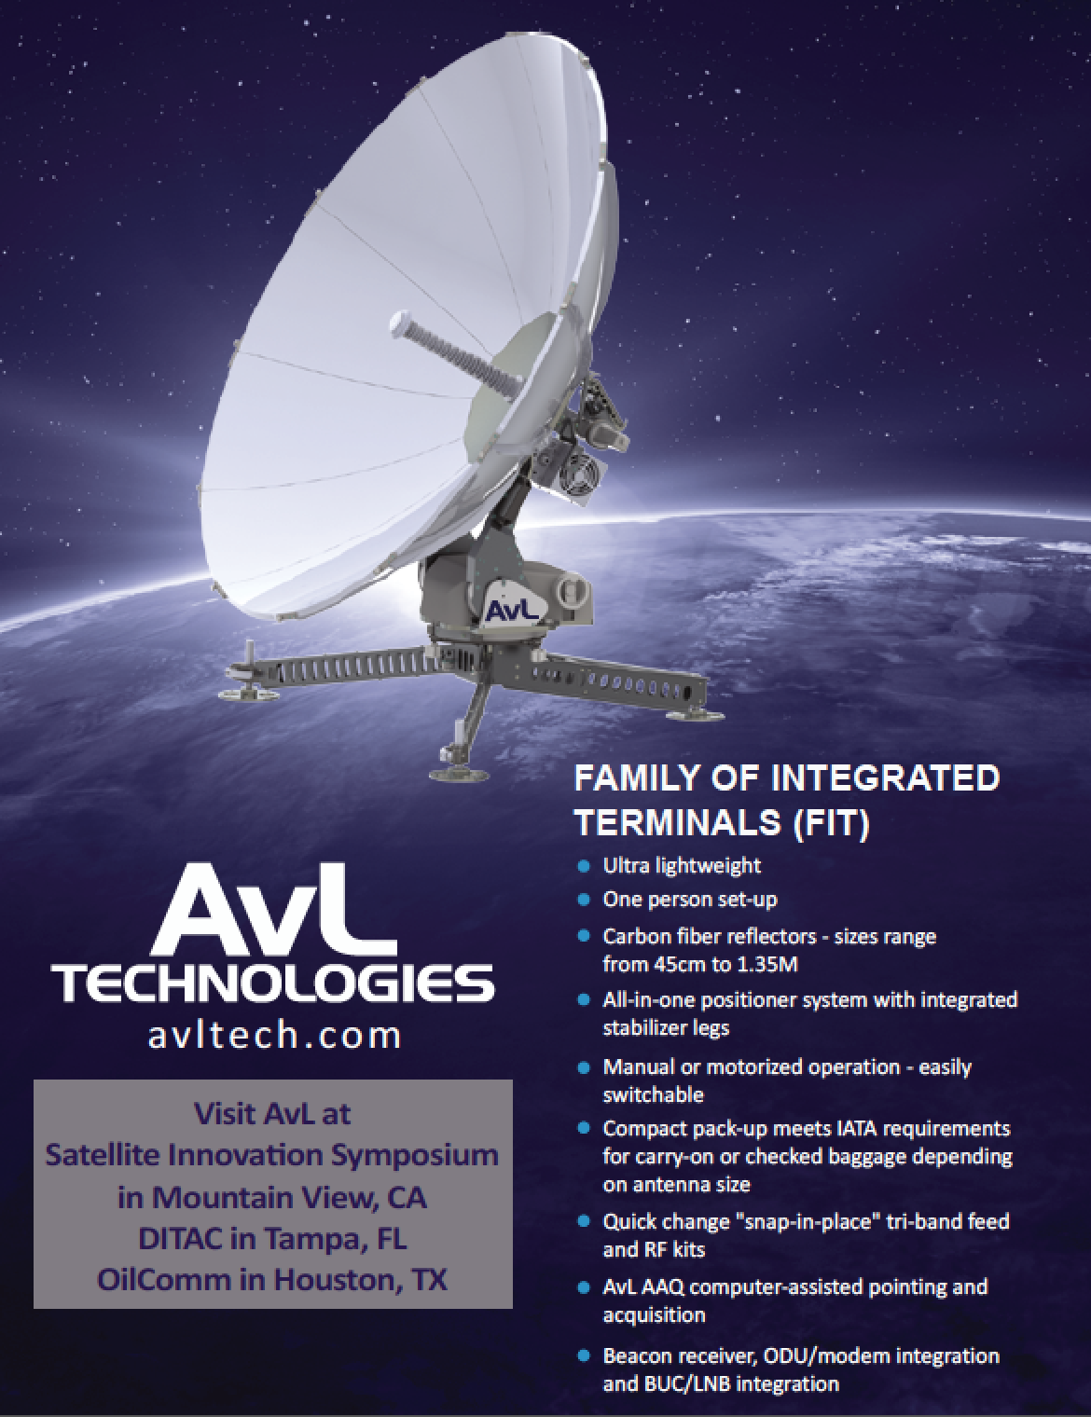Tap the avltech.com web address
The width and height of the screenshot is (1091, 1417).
274,1035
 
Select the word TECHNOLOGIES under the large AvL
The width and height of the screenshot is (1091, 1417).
273,984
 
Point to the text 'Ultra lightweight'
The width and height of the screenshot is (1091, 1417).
682,866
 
